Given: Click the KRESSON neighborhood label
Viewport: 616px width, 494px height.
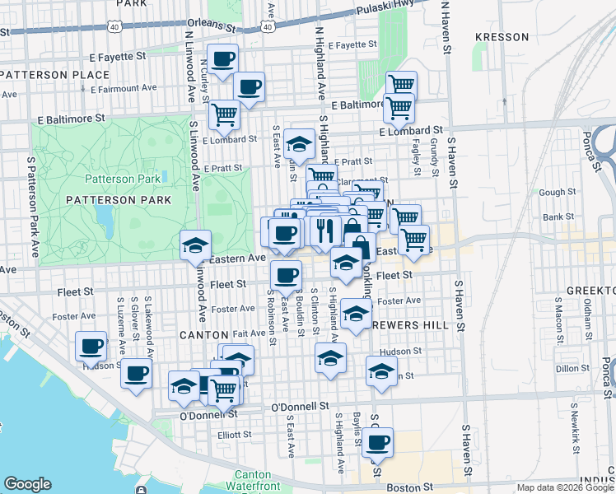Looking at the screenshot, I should pos(502,37).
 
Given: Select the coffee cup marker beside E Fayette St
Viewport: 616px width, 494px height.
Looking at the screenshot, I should pos(222,59).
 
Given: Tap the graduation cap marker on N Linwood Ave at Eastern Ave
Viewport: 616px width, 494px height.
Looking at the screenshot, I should pos(196,245).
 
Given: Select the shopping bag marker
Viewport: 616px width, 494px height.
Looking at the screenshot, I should pos(360,245).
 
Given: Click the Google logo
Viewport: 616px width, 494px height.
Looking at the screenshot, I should pos(27,484).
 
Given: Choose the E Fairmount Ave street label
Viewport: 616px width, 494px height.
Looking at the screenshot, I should pos(124,87).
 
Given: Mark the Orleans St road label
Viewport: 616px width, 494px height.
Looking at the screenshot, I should pos(205,23).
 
